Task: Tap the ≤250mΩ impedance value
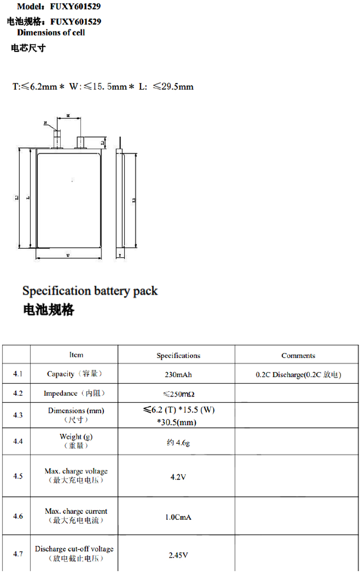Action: (178, 394)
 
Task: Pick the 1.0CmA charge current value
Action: (178, 517)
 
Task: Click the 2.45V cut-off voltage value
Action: (178, 555)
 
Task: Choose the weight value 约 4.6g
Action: (178, 443)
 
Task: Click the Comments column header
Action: (298, 356)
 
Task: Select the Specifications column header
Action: (178, 356)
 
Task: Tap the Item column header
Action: (76, 355)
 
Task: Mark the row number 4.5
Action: (18, 477)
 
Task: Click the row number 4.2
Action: (18, 393)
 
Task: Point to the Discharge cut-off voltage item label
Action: (74, 549)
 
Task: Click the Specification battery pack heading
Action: (90, 291)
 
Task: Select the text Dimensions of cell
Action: (51, 33)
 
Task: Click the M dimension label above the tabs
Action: (67, 116)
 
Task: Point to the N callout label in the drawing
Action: (45, 123)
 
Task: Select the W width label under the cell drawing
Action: (67, 255)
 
